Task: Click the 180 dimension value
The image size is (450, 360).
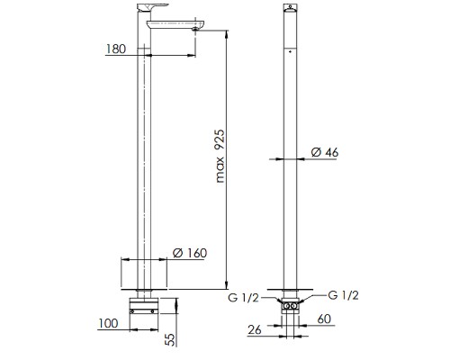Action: click(116, 49)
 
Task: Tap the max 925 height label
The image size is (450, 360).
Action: click(220, 156)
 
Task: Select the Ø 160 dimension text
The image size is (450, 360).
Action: click(190, 253)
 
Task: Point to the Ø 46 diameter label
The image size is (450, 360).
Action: click(325, 152)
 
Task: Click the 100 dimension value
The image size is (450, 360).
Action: click(108, 323)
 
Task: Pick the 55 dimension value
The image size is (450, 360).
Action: click(170, 338)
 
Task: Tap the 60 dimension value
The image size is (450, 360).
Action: click(324, 319)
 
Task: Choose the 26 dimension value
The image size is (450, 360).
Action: click(255, 330)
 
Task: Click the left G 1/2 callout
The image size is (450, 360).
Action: click(243, 298)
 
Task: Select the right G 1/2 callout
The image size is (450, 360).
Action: click(343, 295)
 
